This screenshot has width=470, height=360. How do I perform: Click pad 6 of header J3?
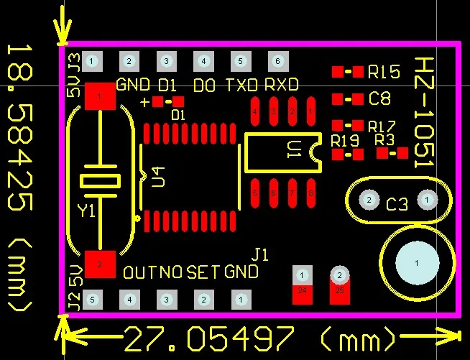tap(278, 61)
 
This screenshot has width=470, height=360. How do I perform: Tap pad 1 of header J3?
tap(92, 61)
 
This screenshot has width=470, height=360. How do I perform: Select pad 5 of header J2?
tap(92, 300)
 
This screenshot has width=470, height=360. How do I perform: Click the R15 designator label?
tap(384, 72)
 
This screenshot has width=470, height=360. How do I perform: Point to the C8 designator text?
tap(379, 98)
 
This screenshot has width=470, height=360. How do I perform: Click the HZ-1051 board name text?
tap(425, 112)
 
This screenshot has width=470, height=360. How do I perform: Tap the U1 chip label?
tap(294, 149)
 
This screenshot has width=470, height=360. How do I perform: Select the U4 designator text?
tap(158, 177)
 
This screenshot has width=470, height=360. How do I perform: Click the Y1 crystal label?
tap(86, 211)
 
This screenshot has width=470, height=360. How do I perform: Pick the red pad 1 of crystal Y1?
tap(100, 96)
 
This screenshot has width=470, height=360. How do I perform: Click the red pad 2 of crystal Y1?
tap(100, 264)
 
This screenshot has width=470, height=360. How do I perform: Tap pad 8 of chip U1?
tap(311, 193)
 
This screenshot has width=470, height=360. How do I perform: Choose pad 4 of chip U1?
tap(255, 111)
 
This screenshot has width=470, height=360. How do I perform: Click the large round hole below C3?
tap(418, 263)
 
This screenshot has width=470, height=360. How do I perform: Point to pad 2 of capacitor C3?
tap(369, 200)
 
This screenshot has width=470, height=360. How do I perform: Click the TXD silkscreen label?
tap(241, 85)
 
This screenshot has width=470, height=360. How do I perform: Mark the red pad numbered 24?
tap(302, 295)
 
